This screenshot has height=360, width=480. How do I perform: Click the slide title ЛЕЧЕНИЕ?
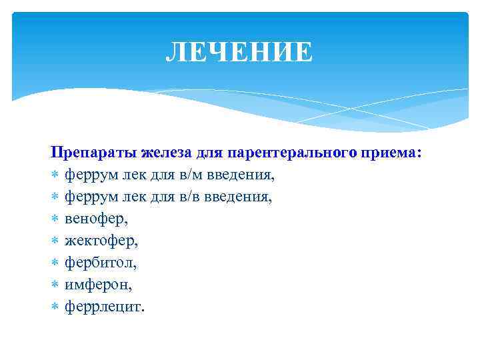(239, 52)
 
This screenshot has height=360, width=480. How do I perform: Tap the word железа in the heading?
(166, 153)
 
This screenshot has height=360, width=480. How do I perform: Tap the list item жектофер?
(101, 241)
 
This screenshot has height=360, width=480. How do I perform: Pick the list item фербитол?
(100, 263)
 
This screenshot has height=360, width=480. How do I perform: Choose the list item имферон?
(98, 285)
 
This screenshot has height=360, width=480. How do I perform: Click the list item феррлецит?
(103, 307)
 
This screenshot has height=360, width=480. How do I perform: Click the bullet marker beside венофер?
(55, 219)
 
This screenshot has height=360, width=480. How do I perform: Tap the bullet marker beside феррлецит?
(55, 307)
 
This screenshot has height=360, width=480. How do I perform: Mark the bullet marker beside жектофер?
(55, 241)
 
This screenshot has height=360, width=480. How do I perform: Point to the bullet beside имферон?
(55, 285)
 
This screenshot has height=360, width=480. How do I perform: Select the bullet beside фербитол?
(55, 263)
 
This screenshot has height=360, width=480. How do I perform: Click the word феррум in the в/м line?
(88, 175)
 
